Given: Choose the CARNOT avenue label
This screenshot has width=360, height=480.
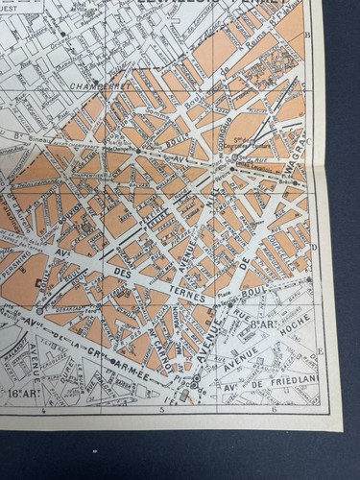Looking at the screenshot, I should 164,346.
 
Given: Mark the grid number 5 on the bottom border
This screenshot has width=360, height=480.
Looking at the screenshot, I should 161,410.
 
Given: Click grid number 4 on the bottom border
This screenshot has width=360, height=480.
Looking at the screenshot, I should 45,410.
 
